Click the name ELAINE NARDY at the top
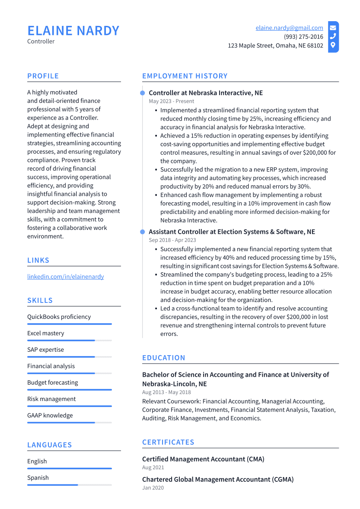tap(73, 31)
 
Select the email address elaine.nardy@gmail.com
tap(289, 28)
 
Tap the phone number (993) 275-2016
tap(303, 37)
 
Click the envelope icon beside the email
tap(333, 28)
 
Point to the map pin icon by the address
tap(333, 45)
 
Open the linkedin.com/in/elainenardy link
tap(65, 277)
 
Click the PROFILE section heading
tap(43, 76)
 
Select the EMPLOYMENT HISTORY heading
tap(185, 76)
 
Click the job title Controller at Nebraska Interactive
tap(205, 93)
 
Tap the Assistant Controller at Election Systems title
tap(232, 232)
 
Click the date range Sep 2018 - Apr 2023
tap(172, 240)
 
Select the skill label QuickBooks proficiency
tap(59, 317)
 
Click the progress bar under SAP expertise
tap(69, 357)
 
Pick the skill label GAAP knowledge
tap(50, 415)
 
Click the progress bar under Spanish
tap(69, 485)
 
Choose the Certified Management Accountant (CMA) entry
tap(203, 459)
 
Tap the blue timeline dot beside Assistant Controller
tap(142, 232)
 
